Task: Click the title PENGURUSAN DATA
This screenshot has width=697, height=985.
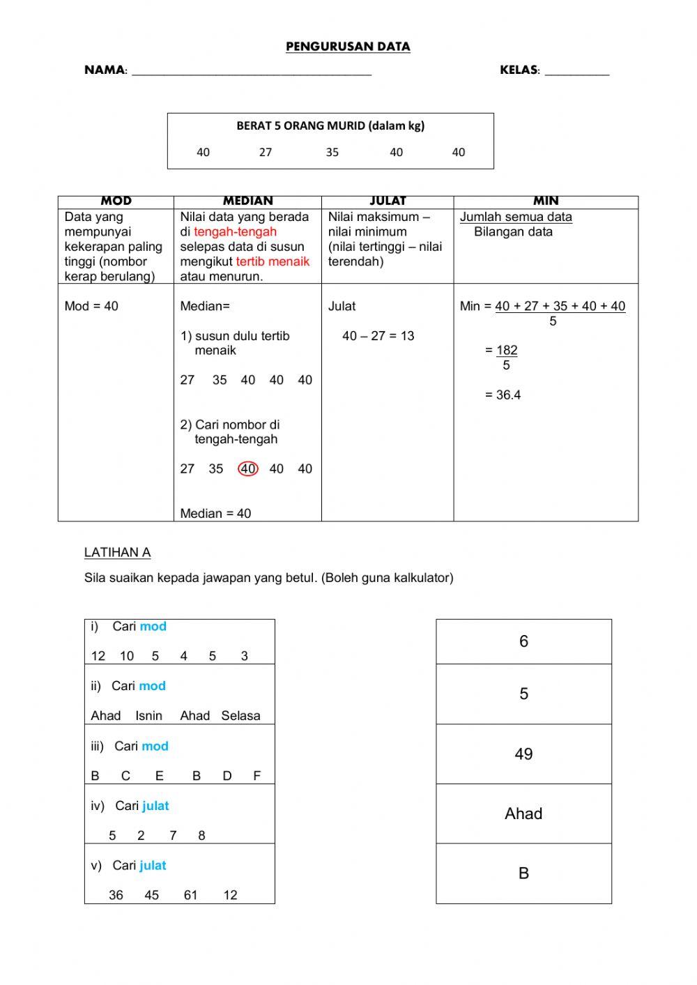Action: (348, 47)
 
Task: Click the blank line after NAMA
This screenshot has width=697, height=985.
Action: (251, 70)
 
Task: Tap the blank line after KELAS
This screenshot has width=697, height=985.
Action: (576, 70)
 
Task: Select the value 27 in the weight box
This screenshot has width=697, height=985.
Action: (266, 152)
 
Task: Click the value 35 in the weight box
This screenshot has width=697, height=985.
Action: (332, 152)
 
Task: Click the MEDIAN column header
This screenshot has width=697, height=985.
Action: (247, 201)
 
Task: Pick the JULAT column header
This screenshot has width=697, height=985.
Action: (388, 201)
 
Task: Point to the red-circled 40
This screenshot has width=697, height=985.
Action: (248, 469)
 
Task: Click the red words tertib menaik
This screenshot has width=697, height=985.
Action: (273, 261)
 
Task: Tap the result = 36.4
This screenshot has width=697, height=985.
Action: (503, 395)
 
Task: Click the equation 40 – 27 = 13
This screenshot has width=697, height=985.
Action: (378, 336)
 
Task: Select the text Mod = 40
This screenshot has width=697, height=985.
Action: (91, 306)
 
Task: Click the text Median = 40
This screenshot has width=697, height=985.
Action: (215, 514)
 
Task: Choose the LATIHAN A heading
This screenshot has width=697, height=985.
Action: (117, 553)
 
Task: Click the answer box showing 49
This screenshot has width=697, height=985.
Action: (523, 754)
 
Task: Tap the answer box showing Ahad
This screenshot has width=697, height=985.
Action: (523, 814)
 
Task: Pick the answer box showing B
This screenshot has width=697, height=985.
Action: (523, 873)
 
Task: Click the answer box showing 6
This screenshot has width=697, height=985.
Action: (523, 641)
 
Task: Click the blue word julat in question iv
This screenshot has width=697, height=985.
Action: (155, 806)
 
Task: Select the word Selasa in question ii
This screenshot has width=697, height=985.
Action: (240, 716)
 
